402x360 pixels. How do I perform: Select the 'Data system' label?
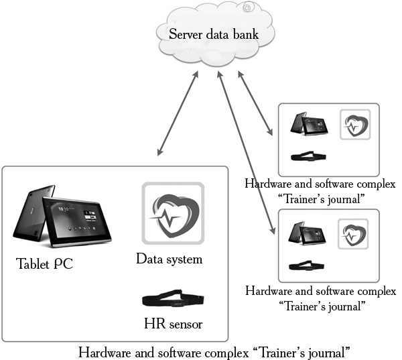(x=169, y=258)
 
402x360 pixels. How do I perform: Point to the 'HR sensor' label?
(x=173, y=324)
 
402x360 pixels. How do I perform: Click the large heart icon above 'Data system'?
(x=172, y=213)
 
